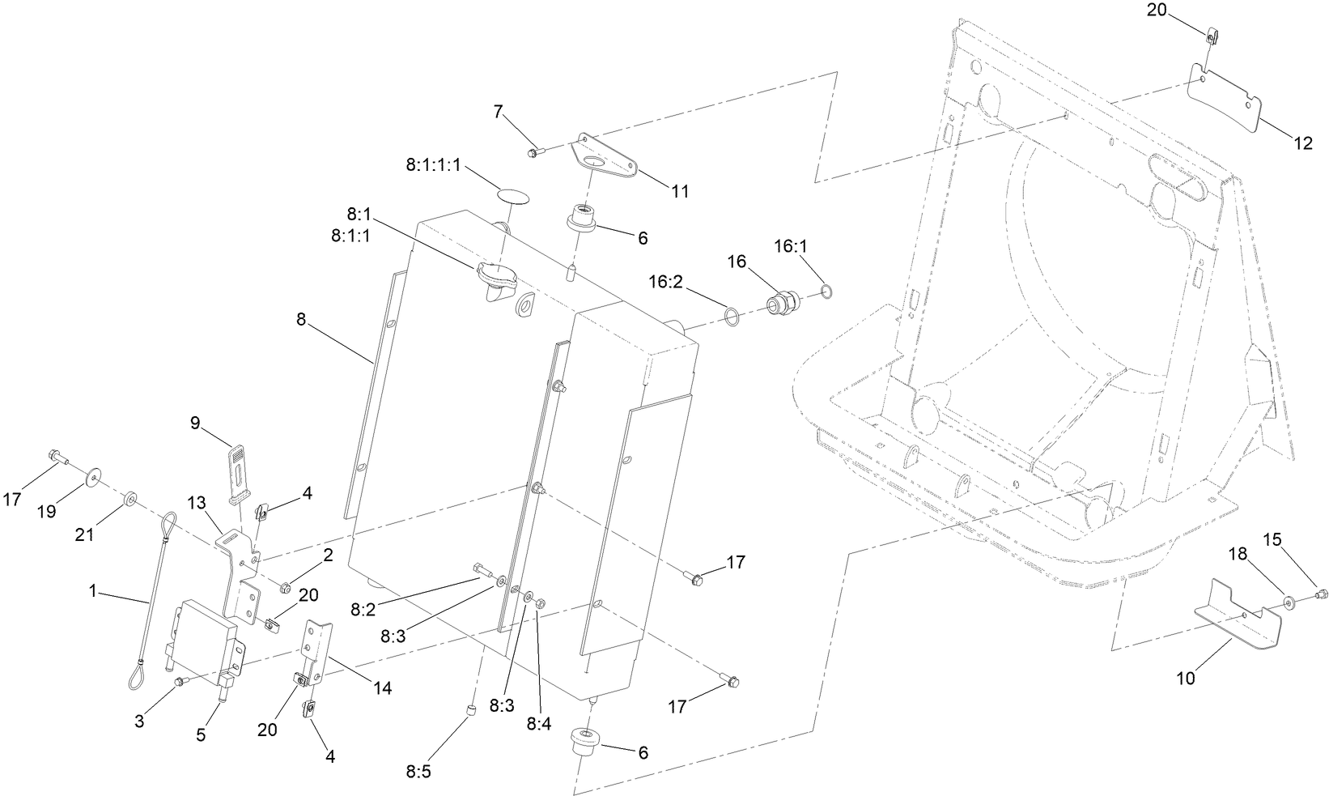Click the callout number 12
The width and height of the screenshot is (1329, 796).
point(1303,144)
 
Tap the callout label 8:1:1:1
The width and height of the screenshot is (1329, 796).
point(433,165)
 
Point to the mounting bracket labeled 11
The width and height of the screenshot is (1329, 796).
point(606,160)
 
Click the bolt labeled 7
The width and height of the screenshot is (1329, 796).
point(534,151)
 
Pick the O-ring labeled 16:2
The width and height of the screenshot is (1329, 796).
point(730,316)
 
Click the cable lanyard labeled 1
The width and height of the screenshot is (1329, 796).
point(154,599)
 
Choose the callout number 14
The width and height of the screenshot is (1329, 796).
point(382,687)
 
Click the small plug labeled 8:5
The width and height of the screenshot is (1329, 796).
point(467,710)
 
